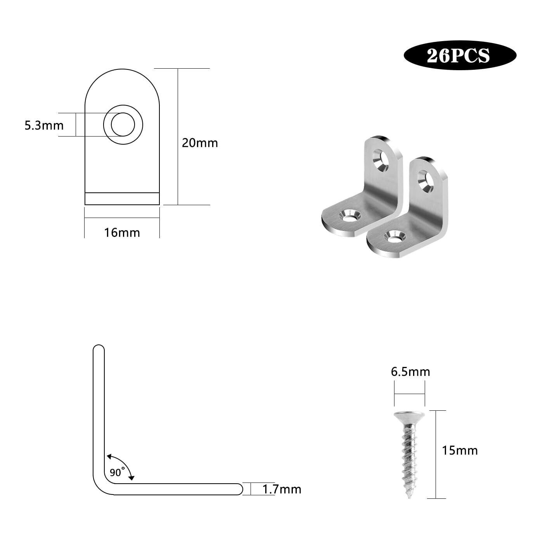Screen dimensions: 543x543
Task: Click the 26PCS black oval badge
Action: point(460,55)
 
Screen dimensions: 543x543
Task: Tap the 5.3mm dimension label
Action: point(44,125)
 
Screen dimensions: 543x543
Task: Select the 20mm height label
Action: point(200,143)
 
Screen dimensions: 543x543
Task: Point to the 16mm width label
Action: point(122,233)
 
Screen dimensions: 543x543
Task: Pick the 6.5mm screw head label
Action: point(410,372)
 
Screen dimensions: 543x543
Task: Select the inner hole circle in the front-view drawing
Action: point(123,124)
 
